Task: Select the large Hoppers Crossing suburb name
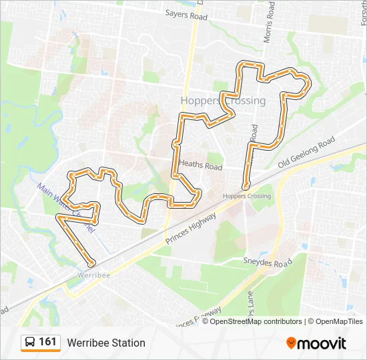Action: click(x=223, y=101)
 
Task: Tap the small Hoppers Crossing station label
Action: click(x=247, y=196)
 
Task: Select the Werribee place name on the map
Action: click(x=93, y=274)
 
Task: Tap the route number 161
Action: click(x=47, y=342)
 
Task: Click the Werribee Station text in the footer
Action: click(x=106, y=343)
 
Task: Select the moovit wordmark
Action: click(x=322, y=343)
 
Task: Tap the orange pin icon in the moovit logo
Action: click(x=291, y=343)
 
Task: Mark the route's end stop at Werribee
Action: click(x=91, y=263)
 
